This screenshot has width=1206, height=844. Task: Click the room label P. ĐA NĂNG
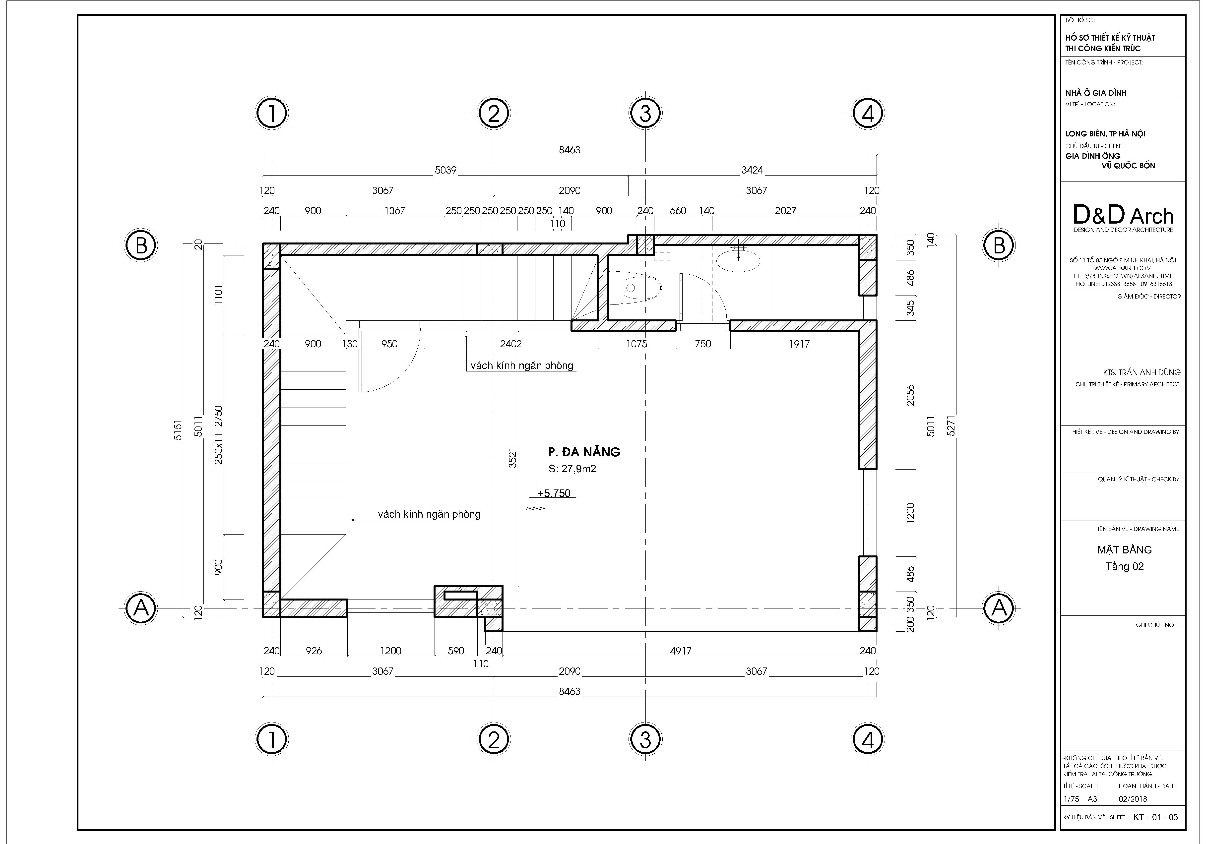pos(584,452)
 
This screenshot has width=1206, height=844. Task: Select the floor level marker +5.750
pos(554,494)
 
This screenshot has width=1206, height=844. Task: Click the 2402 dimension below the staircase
pos(510,344)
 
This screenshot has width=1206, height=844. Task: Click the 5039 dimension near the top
pos(445,170)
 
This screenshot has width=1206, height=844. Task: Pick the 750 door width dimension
pos(703,344)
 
